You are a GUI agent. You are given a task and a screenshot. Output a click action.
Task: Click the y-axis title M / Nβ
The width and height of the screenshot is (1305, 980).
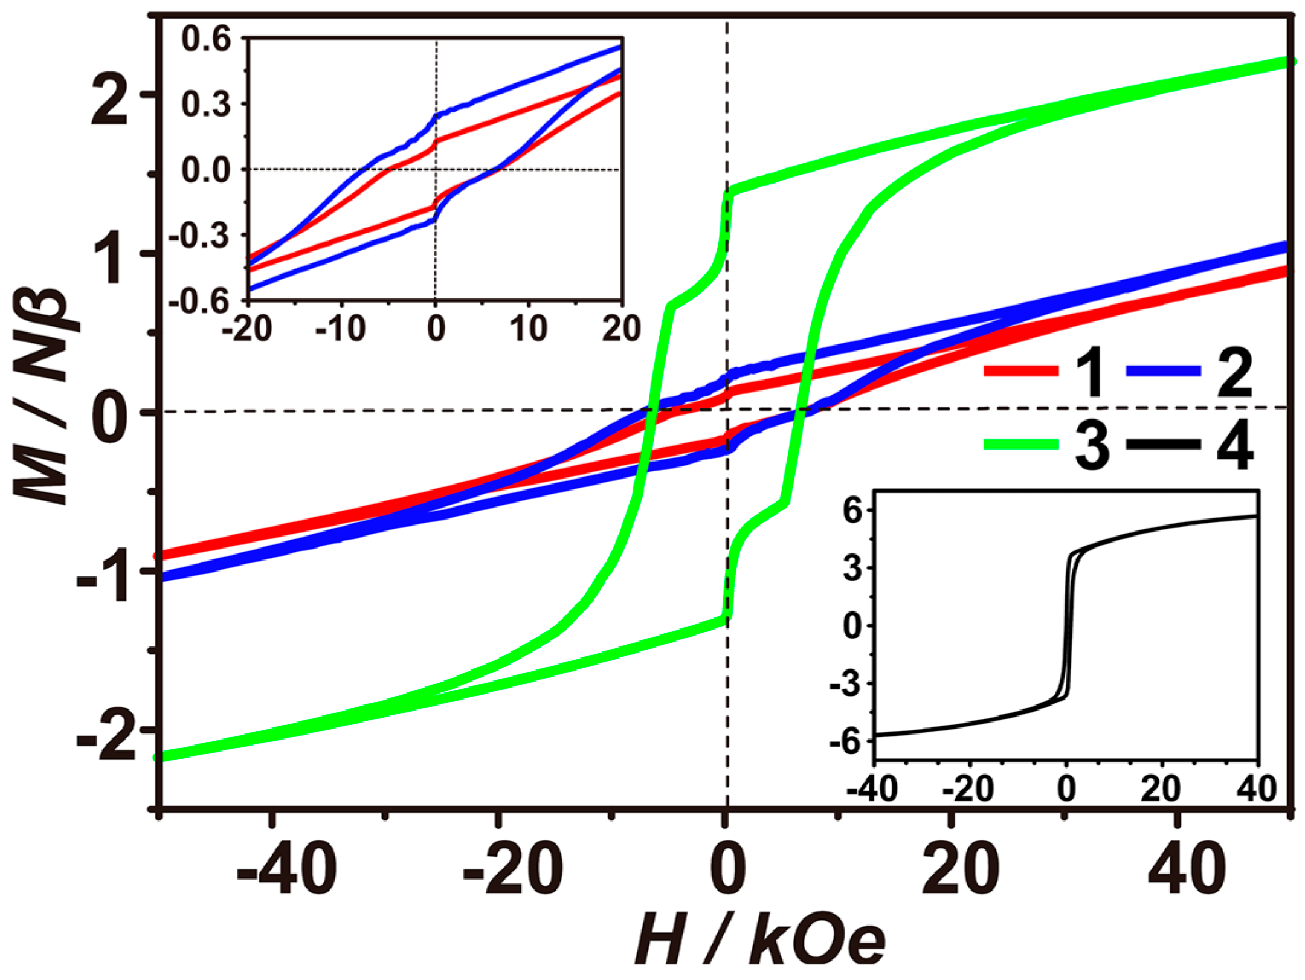45,396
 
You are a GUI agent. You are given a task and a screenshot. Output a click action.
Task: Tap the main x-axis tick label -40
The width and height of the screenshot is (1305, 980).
287,872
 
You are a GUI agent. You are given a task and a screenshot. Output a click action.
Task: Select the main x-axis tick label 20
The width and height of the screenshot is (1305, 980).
961,872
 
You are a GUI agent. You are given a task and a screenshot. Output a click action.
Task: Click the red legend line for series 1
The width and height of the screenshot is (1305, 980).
1021,371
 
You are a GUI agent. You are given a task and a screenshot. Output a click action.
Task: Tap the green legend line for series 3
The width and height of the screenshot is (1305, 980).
1021,445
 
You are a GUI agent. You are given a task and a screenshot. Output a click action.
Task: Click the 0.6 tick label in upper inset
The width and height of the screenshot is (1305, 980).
207,39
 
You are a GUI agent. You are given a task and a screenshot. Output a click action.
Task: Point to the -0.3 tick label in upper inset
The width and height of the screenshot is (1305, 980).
199,236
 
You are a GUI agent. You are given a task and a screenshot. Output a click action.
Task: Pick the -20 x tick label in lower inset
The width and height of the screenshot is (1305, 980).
968,789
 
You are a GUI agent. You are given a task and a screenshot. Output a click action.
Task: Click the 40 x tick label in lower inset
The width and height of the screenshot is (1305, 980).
1257,789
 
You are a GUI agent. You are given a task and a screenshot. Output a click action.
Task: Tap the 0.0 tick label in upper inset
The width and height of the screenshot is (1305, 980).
207,170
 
